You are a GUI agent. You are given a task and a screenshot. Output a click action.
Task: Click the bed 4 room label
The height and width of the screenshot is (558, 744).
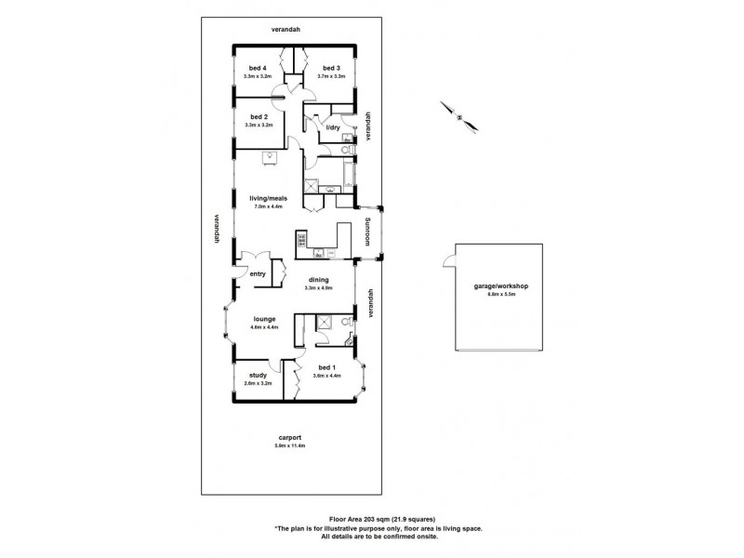point(258,68)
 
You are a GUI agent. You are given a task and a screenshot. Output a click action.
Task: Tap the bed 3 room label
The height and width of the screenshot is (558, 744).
point(331,68)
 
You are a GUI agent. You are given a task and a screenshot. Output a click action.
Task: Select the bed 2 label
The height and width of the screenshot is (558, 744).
point(259,117)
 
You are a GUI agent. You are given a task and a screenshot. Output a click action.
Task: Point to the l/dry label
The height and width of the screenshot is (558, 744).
point(332,126)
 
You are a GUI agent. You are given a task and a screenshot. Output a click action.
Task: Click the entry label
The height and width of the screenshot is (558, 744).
point(258,273)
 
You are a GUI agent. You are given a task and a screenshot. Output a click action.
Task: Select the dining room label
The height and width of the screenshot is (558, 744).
point(318,279)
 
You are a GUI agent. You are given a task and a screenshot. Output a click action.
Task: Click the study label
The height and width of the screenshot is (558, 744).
point(258,375)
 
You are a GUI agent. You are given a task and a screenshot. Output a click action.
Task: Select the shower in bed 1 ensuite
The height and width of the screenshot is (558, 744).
point(325,323)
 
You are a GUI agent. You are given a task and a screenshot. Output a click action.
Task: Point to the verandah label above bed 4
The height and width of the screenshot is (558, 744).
point(286,30)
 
